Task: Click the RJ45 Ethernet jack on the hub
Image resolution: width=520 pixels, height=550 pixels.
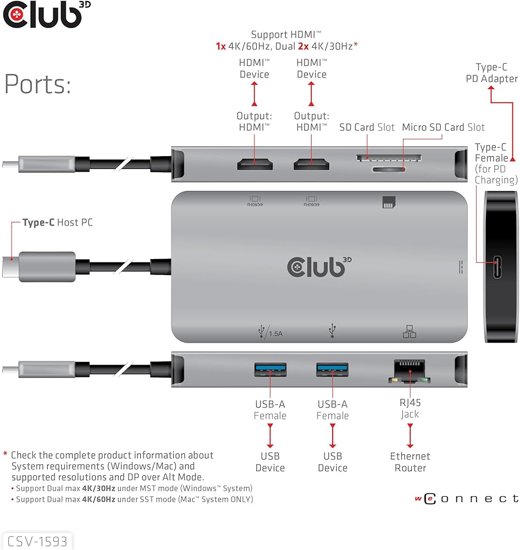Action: (x=410, y=371)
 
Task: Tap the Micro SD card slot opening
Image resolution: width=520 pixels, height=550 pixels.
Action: (x=388, y=169)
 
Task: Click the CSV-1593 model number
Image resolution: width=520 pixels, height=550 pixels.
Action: (x=37, y=541)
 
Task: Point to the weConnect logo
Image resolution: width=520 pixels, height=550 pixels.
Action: (x=466, y=499)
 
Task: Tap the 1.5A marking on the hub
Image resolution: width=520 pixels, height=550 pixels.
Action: (x=275, y=333)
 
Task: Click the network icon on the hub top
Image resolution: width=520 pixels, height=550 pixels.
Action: (x=410, y=332)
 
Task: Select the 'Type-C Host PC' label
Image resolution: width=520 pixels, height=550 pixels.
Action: (x=57, y=223)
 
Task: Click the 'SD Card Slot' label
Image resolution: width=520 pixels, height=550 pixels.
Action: (x=367, y=128)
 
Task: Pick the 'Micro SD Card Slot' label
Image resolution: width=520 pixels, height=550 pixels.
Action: (x=443, y=128)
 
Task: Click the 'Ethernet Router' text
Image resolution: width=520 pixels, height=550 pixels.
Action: (x=410, y=462)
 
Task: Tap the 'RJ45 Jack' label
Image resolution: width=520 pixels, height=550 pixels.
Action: (x=410, y=408)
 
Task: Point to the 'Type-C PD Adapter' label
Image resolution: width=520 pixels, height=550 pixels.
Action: (x=491, y=73)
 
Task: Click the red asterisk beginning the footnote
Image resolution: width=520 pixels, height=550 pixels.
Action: (x=5, y=455)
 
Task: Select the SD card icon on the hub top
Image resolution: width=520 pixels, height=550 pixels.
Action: (x=388, y=204)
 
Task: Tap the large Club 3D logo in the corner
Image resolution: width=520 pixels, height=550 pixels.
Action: (x=42, y=15)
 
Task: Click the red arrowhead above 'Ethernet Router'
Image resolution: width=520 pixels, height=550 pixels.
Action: (x=410, y=444)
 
